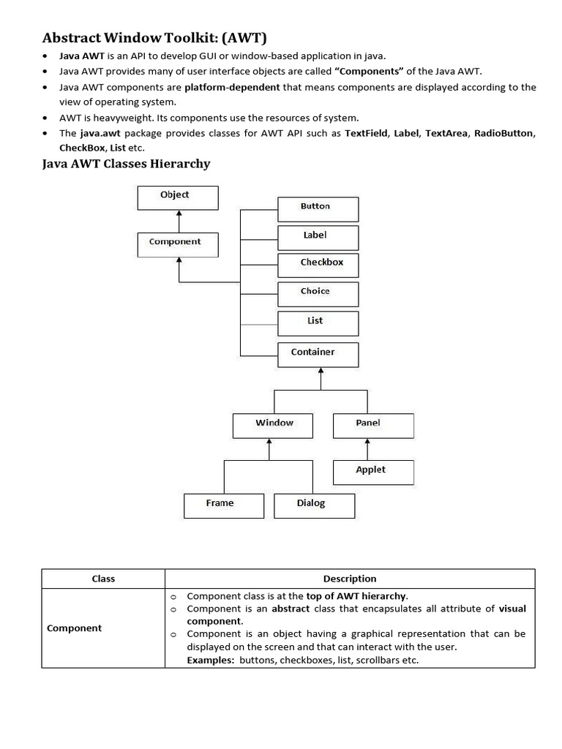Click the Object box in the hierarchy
pyautogui.click(x=177, y=197)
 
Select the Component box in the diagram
pyautogui.click(x=177, y=244)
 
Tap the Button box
pyautogui.click(x=318, y=209)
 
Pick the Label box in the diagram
pyautogui.click(x=318, y=238)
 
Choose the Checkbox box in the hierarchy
pyautogui.click(x=318, y=265)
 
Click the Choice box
pyautogui.click(x=318, y=294)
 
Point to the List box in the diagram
pyautogui.click(x=318, y=323)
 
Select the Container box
pyautogui.click(x=318, y=355)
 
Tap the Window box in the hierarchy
pyautogui.click(x=273, y=426)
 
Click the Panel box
pyautogui.click(x=373, y=426)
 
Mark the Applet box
pyautogui.click(x=373, y=472)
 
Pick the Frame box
pyautogui.click(x=224, y=505)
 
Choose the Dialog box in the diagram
pyautogui.click(x=314, y=505)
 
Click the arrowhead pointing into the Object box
pyautogui.click(x=178, y=213)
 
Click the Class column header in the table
pyautogui.click(x=103, y=579)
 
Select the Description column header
pyautogui.click(x=350, y=579)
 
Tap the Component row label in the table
pyautogui.click(x=75, y=628)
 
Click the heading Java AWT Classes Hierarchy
pyautogui.click(x=127, y=164)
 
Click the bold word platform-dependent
pyautogui.click(x=232, y=87)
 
